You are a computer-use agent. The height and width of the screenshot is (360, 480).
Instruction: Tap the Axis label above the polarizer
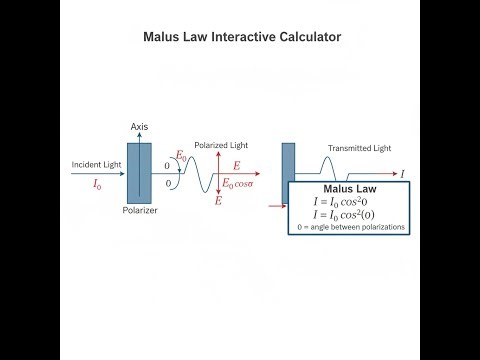(141, 127)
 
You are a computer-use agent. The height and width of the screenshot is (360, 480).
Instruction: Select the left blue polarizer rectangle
(141, 172)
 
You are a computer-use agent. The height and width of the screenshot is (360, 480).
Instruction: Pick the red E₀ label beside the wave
(181, 156)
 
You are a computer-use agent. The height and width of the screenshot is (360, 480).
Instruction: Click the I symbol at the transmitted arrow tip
(403, 174)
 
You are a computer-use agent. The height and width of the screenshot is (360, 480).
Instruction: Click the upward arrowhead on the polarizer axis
(141, 137)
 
